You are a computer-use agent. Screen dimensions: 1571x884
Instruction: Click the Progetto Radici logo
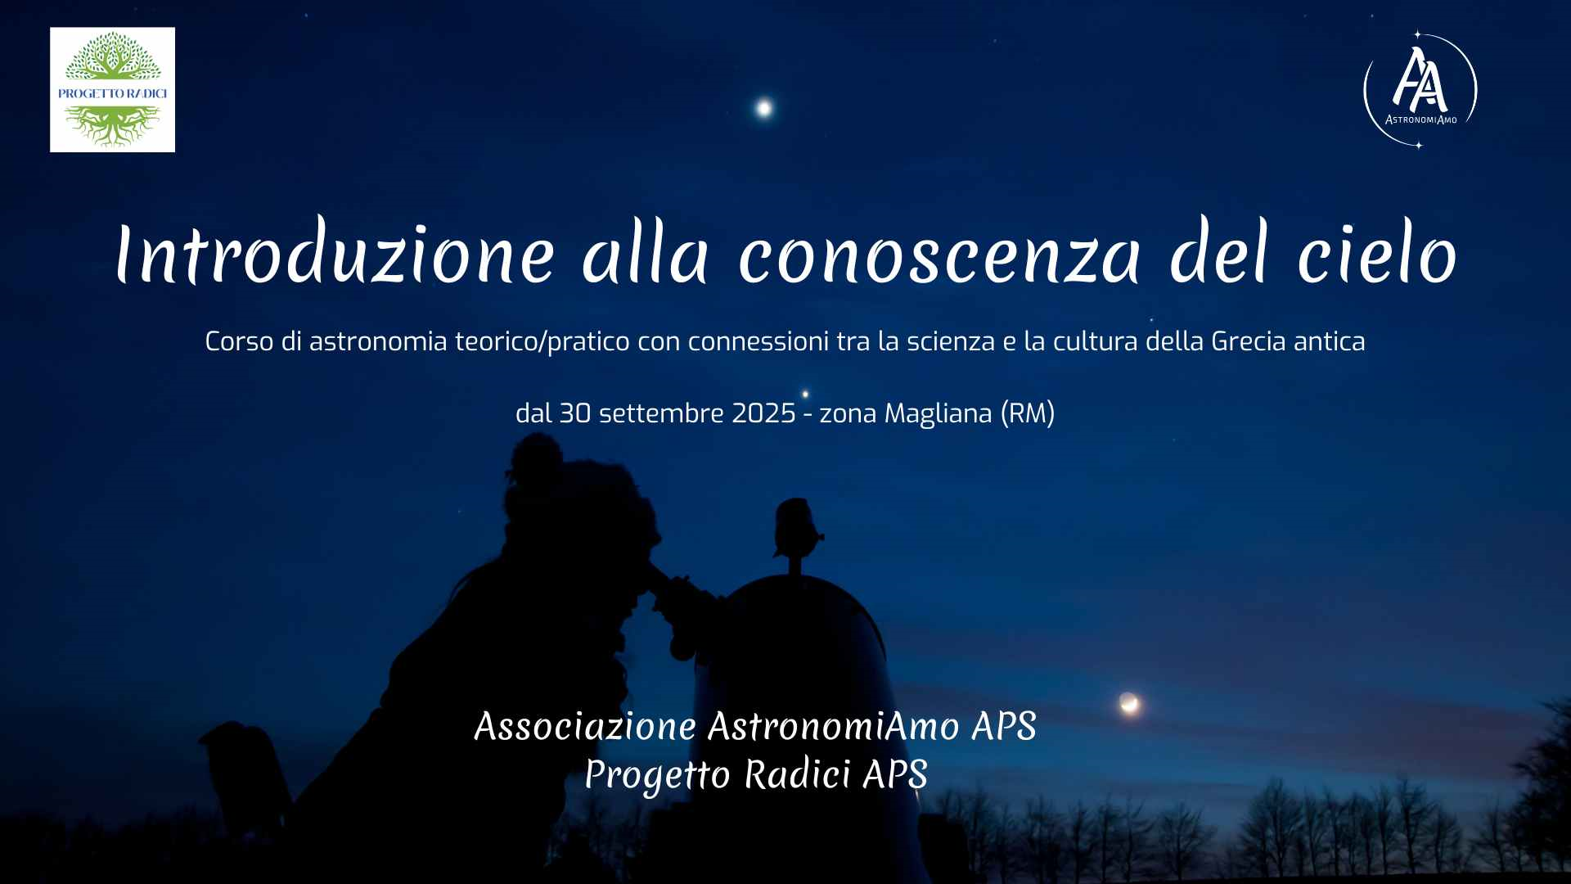[x=112, y=89]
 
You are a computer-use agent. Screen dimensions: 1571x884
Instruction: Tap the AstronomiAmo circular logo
[x=1420, y=90]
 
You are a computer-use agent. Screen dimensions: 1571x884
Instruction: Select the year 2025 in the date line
[x=763, y=413]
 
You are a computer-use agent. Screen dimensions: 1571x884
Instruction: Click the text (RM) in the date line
[x=1028, y=414]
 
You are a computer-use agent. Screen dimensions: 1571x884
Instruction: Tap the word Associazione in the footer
[x=585, y=727]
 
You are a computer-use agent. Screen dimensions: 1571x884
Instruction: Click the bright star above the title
[x=763, y=107]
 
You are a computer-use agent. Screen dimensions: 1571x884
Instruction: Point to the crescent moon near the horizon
[x=1129, y=702]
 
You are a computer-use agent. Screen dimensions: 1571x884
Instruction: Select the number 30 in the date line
[x=574, y=413]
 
